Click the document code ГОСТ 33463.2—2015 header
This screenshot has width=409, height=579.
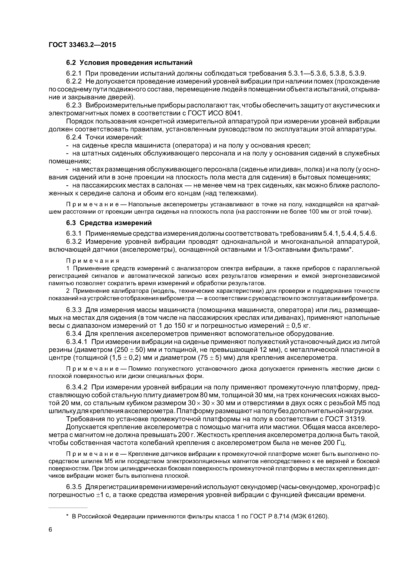pos(82,45)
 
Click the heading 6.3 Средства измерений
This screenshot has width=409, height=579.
pos(109,223)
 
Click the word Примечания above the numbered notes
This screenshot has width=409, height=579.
pos(93,260)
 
